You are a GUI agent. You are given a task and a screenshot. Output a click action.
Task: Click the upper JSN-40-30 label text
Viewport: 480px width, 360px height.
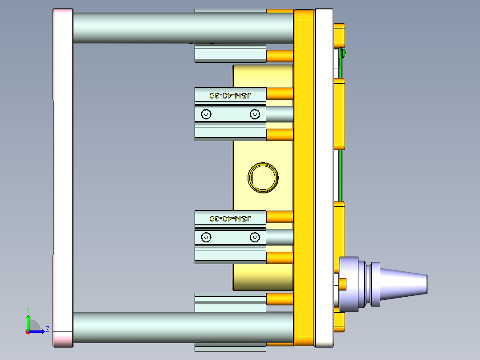pos(230,95)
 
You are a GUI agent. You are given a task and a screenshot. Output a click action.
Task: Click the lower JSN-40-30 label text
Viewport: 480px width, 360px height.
pos(230,218)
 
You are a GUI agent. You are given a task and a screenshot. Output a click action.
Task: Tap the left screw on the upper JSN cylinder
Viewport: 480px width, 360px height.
pos(206,115)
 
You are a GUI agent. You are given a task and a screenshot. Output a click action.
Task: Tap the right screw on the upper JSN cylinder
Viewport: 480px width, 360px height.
pos(255,115)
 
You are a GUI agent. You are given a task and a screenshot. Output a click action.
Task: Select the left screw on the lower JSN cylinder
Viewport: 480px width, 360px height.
pos(206,237)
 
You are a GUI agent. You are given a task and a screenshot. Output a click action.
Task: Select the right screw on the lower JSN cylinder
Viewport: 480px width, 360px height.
pos(255,237)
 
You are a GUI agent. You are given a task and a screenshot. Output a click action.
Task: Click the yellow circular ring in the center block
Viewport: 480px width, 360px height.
pos(263,177)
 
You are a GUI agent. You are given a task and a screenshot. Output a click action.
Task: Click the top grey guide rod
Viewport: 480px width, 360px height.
pos(183,28)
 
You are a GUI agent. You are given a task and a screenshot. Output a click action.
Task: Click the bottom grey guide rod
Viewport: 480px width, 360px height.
pos(183,327)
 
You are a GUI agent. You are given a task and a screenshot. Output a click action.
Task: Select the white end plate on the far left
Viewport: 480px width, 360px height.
pos(63,178)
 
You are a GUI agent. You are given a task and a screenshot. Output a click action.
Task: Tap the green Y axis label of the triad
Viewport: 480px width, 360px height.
pos(28,309)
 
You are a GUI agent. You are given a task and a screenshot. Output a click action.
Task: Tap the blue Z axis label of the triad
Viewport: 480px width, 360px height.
pos(47,329)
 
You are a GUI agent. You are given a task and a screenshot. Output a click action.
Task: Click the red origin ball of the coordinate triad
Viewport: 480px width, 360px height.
pos(28,331)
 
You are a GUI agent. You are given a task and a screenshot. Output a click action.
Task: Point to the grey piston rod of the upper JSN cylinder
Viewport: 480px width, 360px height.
pos(280,114)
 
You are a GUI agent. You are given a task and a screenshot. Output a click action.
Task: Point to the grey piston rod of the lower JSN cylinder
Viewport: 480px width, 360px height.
pos(280,237)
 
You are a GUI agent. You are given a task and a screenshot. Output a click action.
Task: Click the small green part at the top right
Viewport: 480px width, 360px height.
pos(344,53)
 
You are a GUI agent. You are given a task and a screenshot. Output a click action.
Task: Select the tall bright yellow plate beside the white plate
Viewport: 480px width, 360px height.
pos(304,178)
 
